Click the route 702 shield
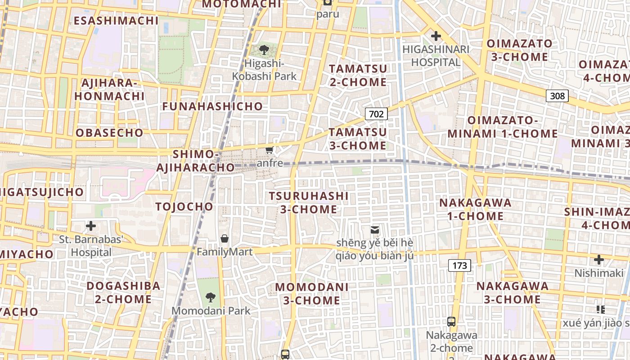coord(376,114)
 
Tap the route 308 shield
coord(557,95)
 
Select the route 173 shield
coord(459,265)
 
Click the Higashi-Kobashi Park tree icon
coord(264,49)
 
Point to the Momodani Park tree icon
coord(210,297)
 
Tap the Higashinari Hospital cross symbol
coord(436,36)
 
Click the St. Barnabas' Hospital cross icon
coord(91,225)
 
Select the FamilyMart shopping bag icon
coord(225,238)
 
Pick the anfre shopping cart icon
coord(270,150)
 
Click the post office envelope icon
coord(374,230)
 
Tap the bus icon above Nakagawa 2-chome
coord(451,322)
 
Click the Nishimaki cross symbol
coord(598,260)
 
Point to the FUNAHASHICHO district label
coord(212,106)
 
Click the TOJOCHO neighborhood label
coord(184,207)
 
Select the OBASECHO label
coord(109,133)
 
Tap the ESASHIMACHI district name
coord(116,21)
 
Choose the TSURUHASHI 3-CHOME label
coord(309,202)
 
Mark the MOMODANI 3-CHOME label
coord(312,293)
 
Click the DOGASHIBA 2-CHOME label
coord(123,292)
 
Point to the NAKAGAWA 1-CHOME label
coord(476,209)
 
